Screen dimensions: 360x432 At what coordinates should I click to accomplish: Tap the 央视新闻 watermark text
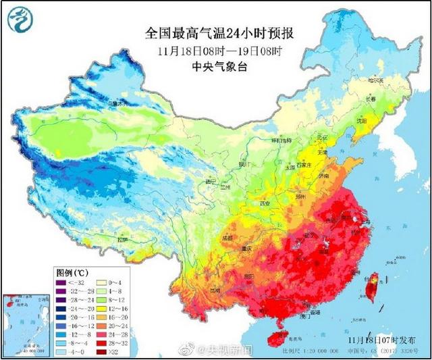click(x=229, y=349)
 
